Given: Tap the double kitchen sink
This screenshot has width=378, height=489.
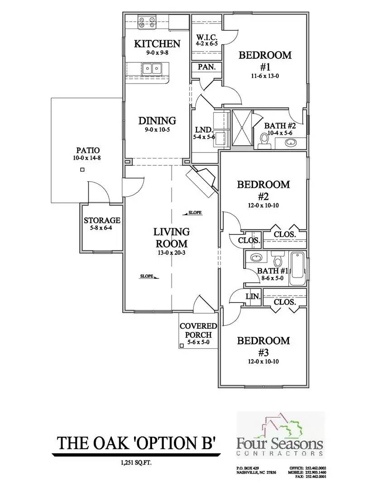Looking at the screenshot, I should (x=152, y=69).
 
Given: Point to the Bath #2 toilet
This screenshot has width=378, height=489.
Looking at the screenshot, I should (x=265, y=141).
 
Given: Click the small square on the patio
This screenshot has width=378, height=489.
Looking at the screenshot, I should (x=82, y=170).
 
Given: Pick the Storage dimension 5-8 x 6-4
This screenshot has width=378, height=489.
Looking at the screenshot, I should (x=102, y=229).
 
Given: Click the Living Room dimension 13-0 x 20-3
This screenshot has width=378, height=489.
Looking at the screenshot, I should (x=171, y=253).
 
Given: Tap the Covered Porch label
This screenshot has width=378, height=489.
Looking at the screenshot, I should (x=198, y=331).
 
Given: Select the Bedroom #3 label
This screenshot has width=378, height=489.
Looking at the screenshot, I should (x=263, y=346).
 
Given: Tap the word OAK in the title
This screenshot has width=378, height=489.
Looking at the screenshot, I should (x=108, y=442).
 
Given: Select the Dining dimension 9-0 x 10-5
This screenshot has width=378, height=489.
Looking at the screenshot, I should (x=157, y=129).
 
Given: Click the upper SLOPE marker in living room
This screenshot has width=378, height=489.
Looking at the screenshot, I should (x=194, y=212).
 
